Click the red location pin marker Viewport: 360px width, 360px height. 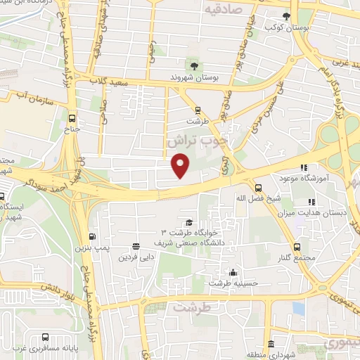(181, 165)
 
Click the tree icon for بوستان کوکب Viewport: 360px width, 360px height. (285, 15)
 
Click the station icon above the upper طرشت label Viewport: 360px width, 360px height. (198, 110)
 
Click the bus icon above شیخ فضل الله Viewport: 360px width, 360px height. (258, 188)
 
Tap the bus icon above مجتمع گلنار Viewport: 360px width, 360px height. (297, 247)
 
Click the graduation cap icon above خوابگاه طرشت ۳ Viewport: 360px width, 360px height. (188, 222)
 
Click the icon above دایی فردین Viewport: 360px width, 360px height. (136, 246)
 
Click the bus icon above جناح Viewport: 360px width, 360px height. (74, 118)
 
